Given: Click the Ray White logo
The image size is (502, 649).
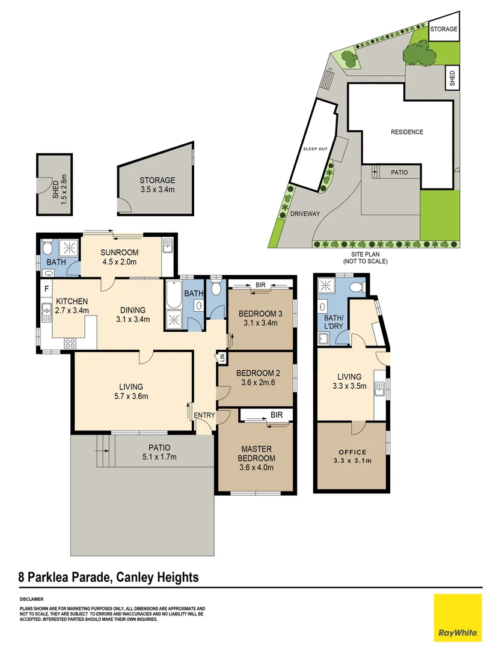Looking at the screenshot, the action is (x=458, y=617).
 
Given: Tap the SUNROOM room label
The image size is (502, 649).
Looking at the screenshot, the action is (x=119, y=252).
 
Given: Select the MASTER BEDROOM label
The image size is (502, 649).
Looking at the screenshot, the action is (x=256, y=454).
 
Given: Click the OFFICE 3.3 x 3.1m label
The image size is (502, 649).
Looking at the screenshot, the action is (x=352, y=456).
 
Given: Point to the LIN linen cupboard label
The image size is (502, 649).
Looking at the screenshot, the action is (x=221, y=358).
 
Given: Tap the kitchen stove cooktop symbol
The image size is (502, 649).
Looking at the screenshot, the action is (x=70, y=343).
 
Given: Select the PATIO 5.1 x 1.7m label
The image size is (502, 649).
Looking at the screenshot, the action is (x=159, y=452).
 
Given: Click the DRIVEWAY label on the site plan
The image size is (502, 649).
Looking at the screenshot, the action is (x=305, y=214).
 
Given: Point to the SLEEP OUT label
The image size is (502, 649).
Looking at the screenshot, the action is (x=315, y=149).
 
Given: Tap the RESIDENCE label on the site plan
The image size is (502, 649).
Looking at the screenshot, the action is (x=407, y=132).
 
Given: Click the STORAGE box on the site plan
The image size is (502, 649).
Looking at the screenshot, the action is (x=444, y=26).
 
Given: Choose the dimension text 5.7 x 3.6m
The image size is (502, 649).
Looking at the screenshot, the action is (x=131, y=396).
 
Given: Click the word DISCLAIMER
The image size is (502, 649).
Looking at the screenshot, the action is (x=31, y=599).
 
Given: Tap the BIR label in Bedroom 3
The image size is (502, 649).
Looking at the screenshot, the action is (x=260, y=285).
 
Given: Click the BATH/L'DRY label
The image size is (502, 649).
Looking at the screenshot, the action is (x=334, y=321).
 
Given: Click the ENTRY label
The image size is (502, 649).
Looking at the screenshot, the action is (x=204, y=415).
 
